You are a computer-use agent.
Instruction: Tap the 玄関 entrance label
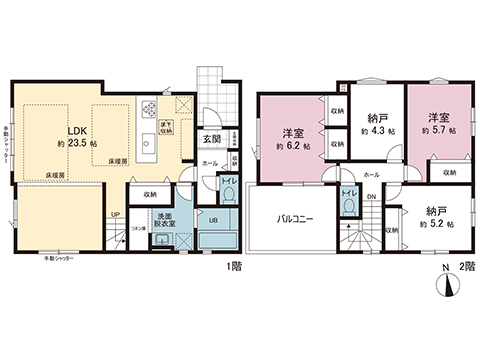coord(213,139)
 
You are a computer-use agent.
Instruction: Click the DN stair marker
coord(372,196)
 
